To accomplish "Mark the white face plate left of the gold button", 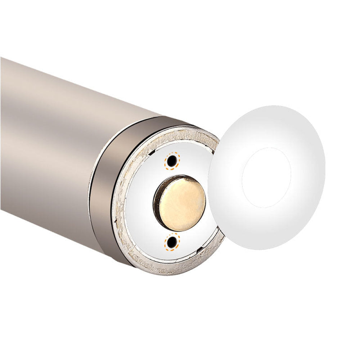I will [x=140, y=202].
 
